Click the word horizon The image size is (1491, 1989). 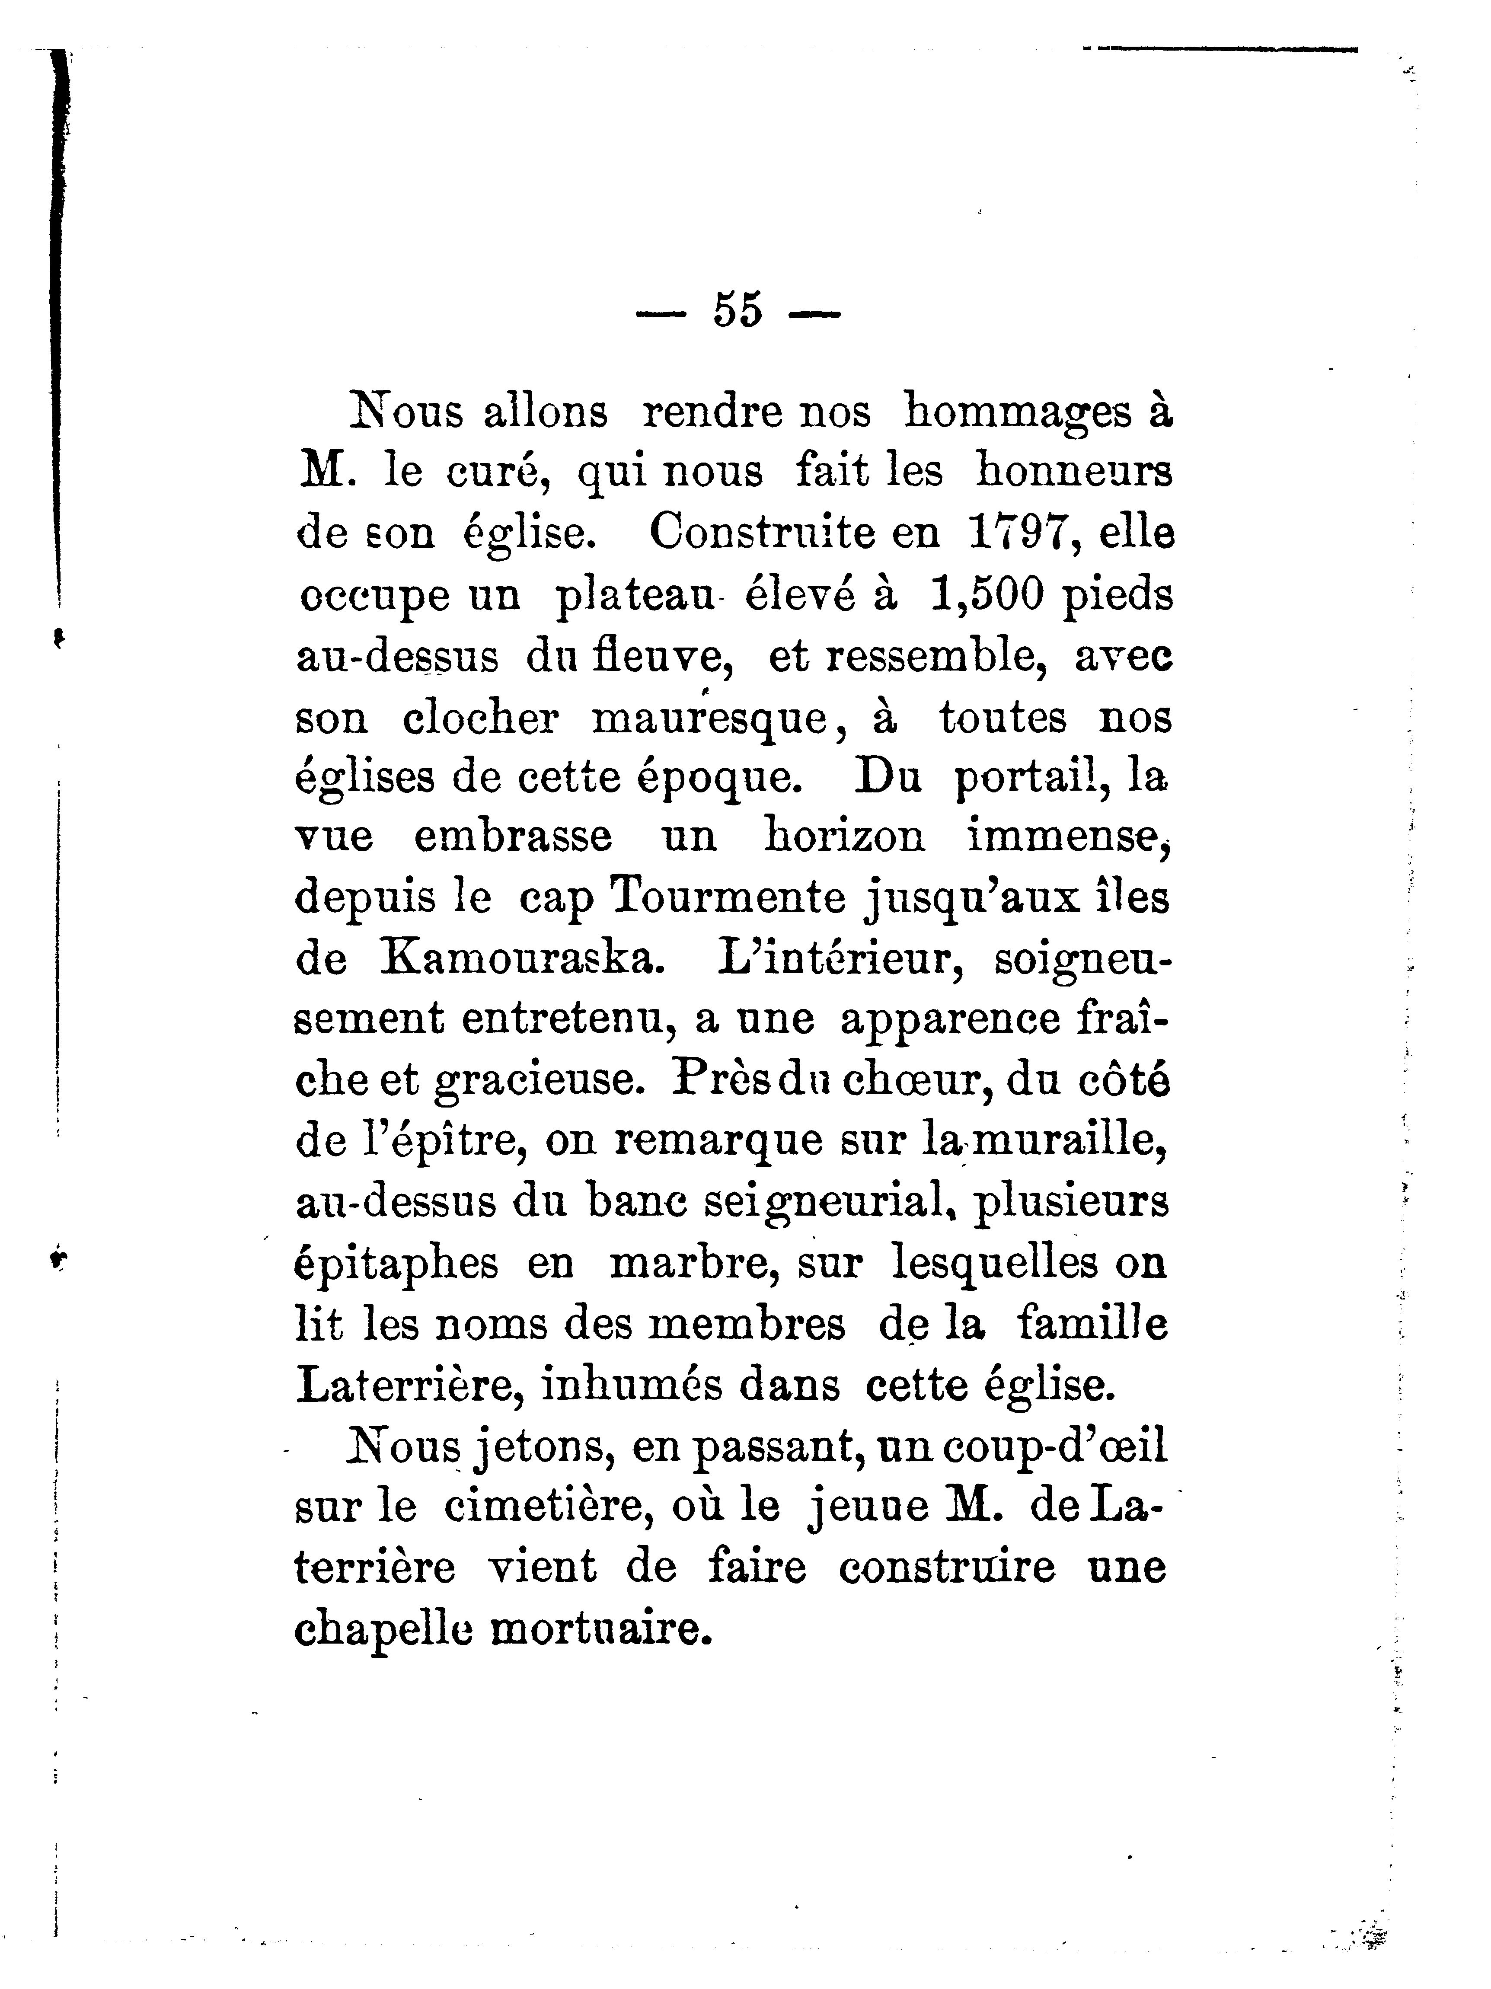click(843, 836)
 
